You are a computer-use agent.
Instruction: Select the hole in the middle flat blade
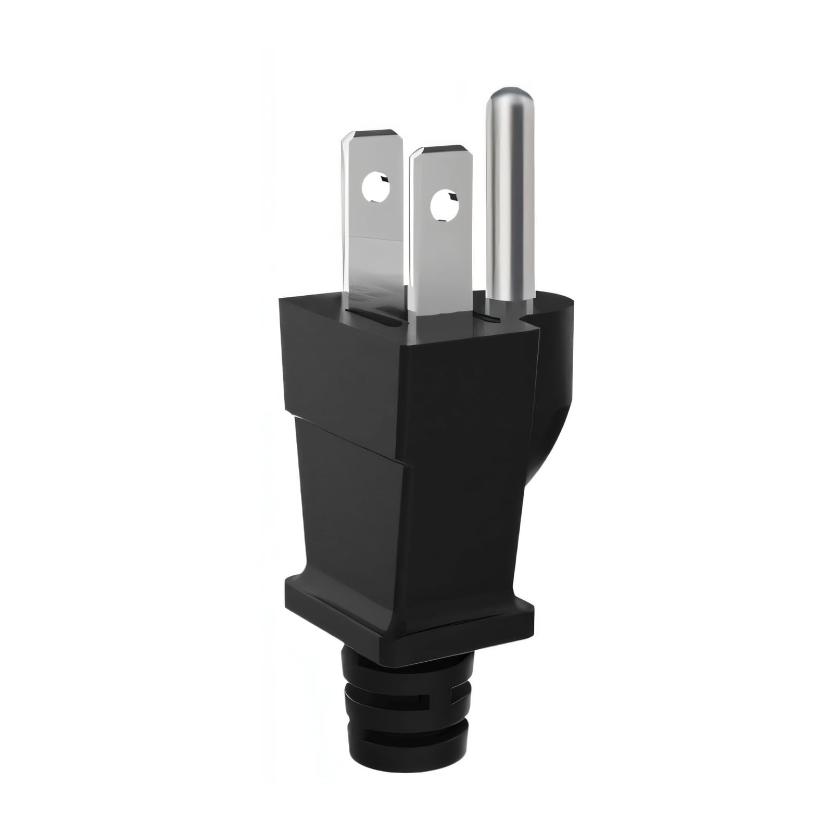(444, 204)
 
